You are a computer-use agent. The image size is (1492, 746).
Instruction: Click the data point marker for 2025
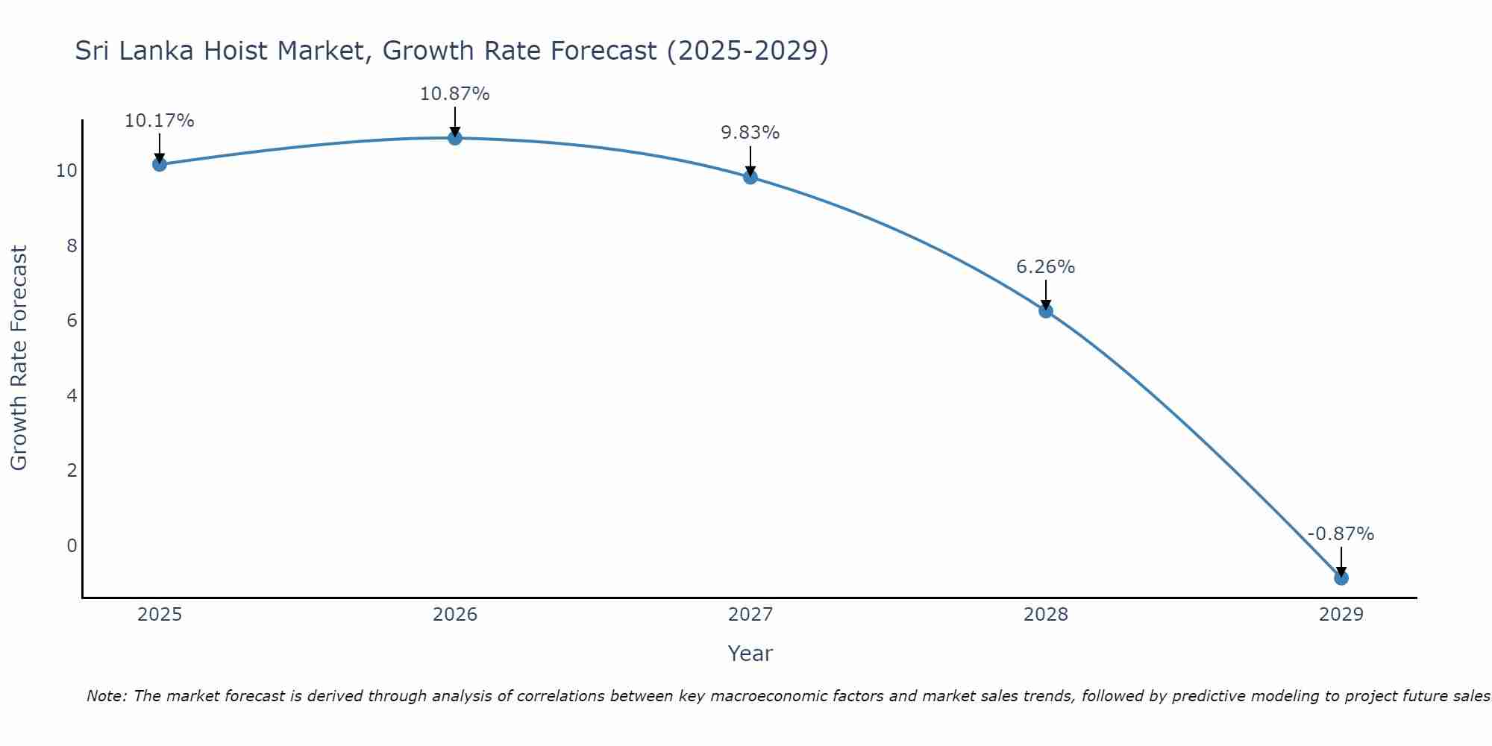[159, 164]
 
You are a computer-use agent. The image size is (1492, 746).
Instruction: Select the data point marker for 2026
[454, 138]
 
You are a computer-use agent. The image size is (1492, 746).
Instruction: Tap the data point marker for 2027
[750, 177]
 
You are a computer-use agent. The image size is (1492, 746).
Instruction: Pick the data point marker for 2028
[1045, 311]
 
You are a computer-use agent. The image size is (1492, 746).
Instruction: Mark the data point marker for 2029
[1341, 578]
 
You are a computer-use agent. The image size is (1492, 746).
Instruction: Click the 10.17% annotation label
[159, 121]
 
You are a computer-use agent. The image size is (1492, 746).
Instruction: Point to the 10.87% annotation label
[454, 94]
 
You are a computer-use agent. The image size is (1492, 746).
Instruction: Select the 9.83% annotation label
[750, 133]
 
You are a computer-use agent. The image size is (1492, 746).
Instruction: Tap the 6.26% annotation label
[1045, 267]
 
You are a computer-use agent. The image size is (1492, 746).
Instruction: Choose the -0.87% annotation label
[1341, 534]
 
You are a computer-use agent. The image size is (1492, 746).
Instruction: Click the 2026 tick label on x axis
[455, 615]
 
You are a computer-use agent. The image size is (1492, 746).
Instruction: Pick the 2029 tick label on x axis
[1341, 615]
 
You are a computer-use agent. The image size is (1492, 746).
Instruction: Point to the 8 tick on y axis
[72, 245]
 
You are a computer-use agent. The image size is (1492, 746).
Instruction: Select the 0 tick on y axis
[72, 545]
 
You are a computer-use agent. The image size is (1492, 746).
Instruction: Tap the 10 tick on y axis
[66, 171]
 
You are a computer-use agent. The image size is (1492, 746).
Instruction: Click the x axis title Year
[750, 653]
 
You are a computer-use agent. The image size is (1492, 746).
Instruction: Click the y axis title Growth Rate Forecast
[19, 358]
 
